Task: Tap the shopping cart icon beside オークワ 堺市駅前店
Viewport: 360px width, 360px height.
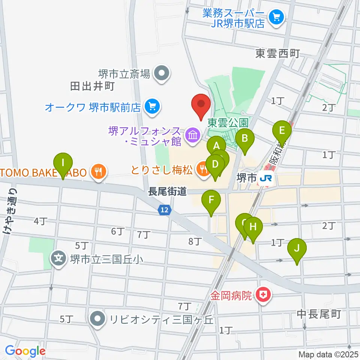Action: click(152, 107)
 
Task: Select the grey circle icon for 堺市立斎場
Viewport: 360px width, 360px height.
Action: click(162, 73)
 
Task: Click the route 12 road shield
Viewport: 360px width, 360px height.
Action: click(165, 211)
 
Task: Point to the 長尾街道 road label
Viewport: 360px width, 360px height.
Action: click(167, 192)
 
